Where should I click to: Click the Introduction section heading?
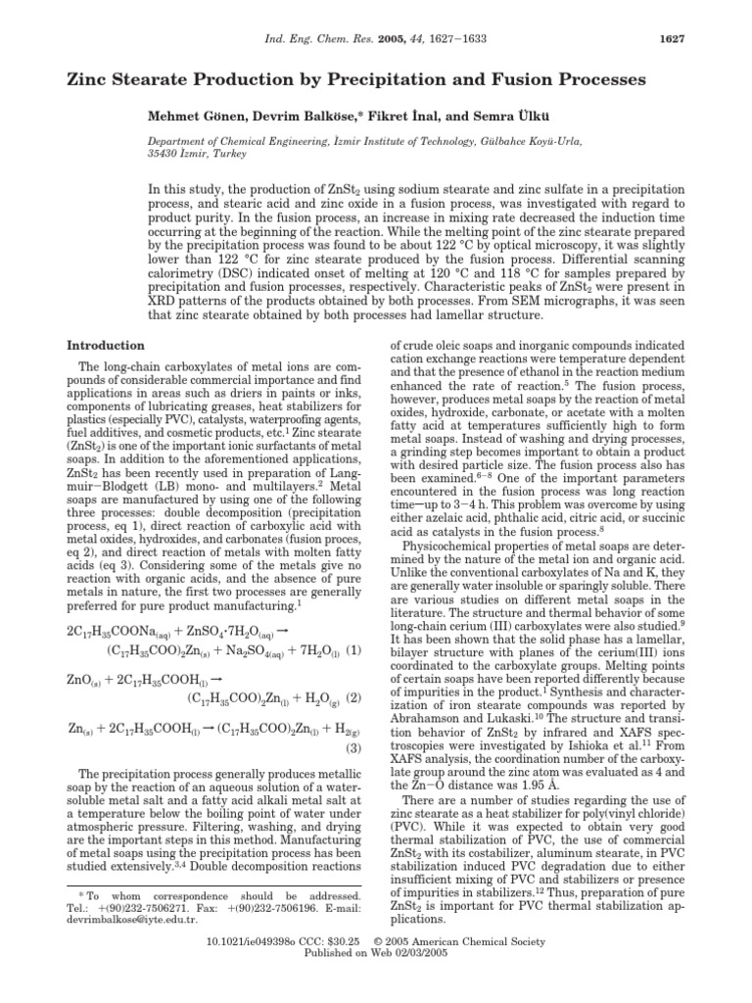105,346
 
